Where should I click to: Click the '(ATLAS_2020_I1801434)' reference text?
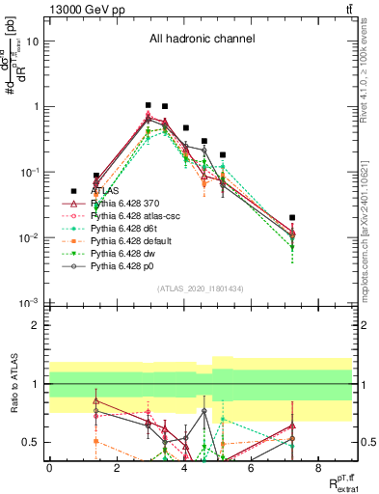[x=201, y=289]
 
